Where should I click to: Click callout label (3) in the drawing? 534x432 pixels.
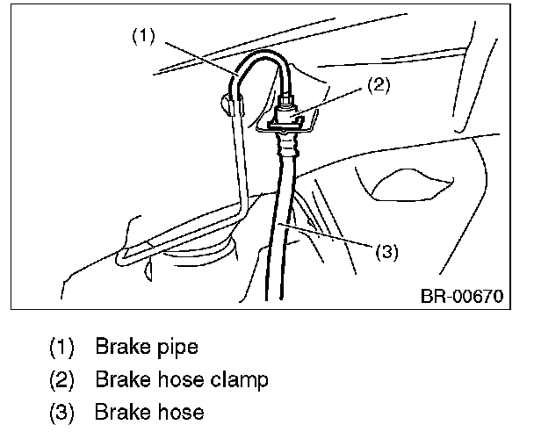[387, 252]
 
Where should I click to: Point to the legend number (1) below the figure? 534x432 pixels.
[62, 347]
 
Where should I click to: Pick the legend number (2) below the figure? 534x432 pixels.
[62, 379]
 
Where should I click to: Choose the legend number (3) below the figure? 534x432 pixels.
[62, 412]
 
